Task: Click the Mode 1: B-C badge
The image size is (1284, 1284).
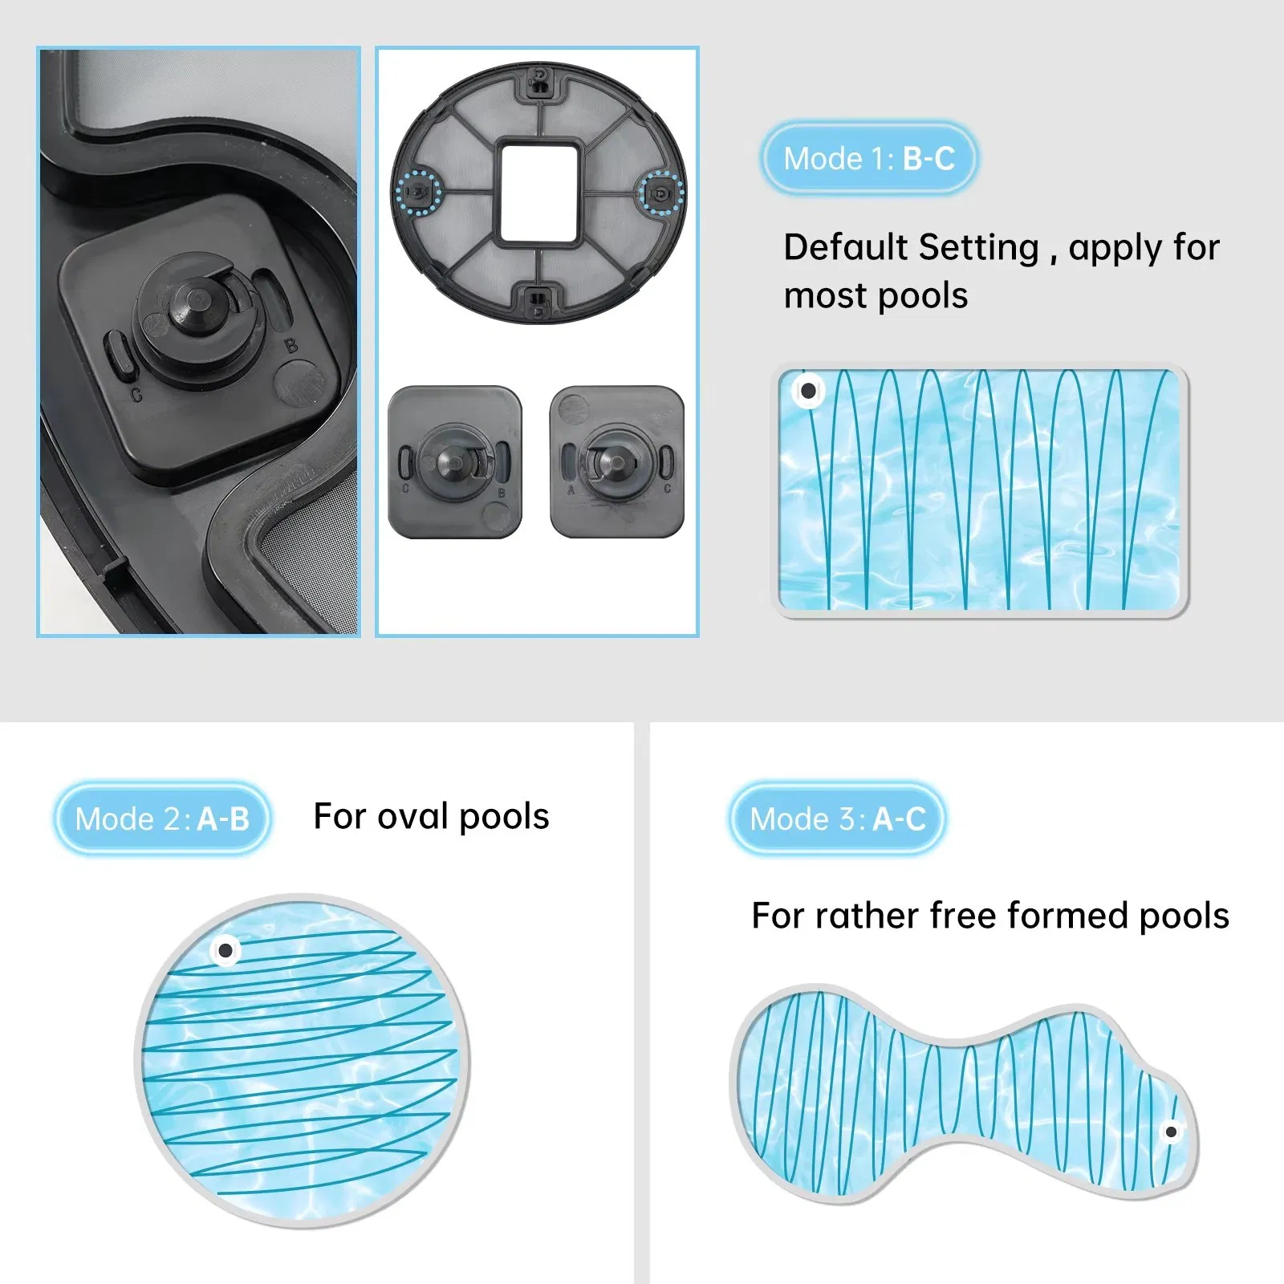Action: click(869, 159)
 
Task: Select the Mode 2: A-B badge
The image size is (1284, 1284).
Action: click(162, 819)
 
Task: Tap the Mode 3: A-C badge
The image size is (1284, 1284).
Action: click(837, 819)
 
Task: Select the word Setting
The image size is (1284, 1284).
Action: click(979, 247)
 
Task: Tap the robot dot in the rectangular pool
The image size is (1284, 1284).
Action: click(808, 391)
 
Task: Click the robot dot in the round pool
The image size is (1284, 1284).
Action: click(226, 951)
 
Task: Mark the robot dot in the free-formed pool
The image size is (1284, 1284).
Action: click(1171, 1132)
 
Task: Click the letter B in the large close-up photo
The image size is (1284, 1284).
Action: click(291, 346)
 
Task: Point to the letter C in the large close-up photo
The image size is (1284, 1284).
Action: click(136, 395)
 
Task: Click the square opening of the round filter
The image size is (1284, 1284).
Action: click(538, 193)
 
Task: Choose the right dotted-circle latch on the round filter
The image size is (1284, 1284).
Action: click(661, 193)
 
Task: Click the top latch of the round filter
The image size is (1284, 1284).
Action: click(540, 81)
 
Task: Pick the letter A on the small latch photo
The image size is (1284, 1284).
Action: click(571, 490)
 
